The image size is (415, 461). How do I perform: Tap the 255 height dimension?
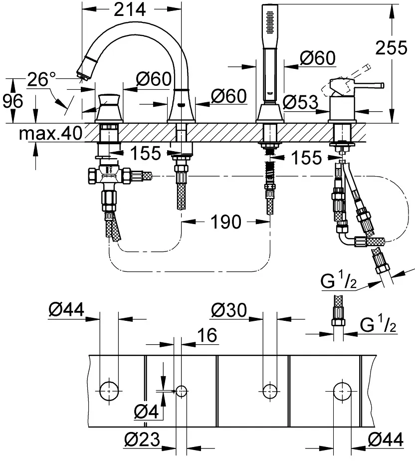(391, 47)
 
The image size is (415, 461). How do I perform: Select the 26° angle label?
(41, 79)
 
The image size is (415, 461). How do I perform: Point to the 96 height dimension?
(12, 101)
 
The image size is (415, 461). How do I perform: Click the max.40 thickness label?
(50, 134)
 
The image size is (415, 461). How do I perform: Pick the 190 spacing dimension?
(226, 222)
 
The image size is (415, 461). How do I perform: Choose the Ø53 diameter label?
(300, 102)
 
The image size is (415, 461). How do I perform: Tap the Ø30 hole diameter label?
(229, 310)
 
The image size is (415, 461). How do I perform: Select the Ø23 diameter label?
(142, 440)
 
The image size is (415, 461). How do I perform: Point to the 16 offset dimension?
(207, 335)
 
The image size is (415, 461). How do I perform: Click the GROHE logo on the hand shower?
(270, 93)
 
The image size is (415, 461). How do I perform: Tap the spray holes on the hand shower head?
(270, 22)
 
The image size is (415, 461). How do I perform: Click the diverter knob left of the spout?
(109, 107)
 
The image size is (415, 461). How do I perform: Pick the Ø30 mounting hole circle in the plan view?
(270, 391)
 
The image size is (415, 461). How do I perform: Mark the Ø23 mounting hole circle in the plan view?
(182, 391)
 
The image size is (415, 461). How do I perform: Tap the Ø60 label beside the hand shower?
(318, 58)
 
